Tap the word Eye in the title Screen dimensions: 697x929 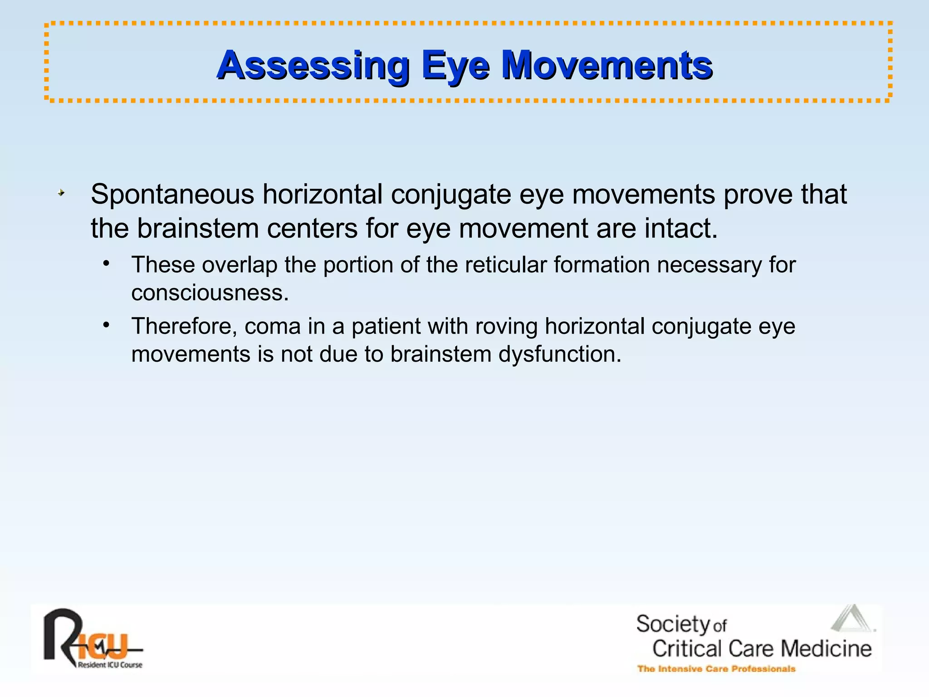(x=455, y=65)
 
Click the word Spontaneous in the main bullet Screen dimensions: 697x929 (x=172, y=195)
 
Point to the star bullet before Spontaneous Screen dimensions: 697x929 (x=61, y=193)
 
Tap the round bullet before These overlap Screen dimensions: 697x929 (x=106, y=264)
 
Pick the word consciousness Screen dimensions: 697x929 (x=210, y=293)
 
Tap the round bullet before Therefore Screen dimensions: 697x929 (x=106, y=325)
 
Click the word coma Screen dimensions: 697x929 (x=273, y=326)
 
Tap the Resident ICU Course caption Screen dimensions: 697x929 (x=110, y=665)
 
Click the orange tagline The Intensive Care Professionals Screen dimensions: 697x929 (x=716, y=669)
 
